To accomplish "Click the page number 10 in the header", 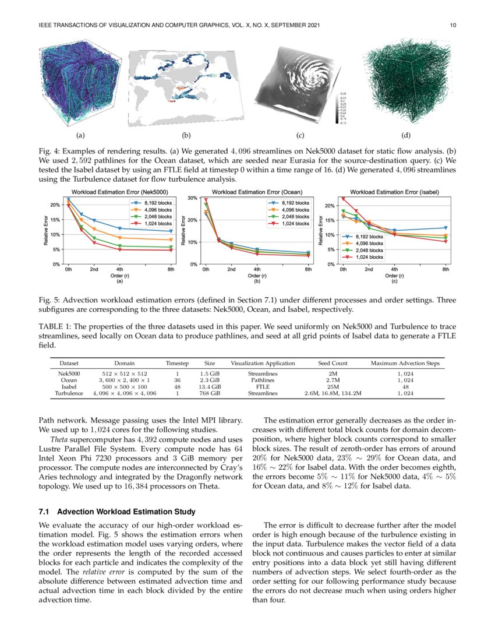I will (x=452, y=25).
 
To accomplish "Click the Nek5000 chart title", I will (x=119, y=192).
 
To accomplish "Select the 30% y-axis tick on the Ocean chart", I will (x=190, y=198).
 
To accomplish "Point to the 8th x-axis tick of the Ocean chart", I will (x=307, y=270).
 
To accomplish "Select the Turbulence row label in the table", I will (x=69, y=393).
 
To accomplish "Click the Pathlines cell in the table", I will (x=263, y=379).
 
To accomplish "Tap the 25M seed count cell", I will (x=333, y=386).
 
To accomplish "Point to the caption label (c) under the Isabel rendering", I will (x=300, y=136).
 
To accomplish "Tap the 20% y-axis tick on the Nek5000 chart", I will (x=55, y=205).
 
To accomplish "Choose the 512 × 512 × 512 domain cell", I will (x=125, y=372).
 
